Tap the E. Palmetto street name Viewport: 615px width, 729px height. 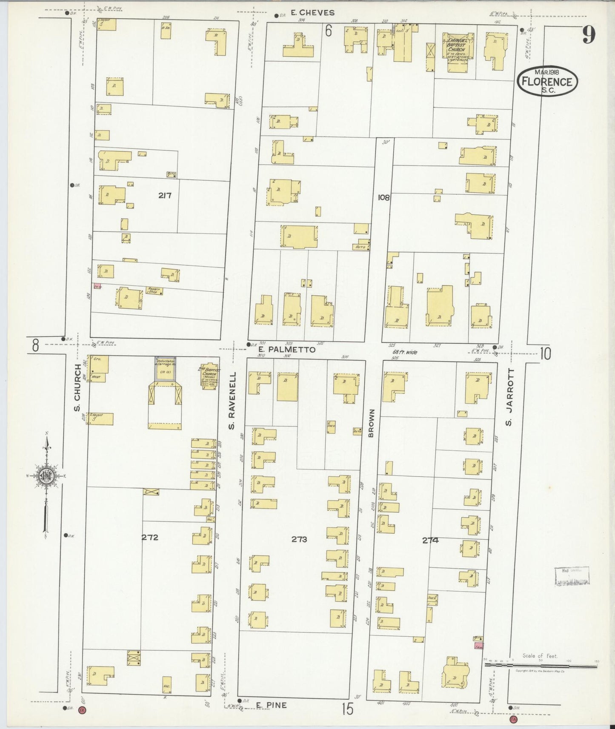(287, 349)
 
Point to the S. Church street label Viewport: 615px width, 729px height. (77, 388)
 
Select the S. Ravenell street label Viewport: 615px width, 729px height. (232, 400)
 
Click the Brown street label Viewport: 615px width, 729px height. (371, 423)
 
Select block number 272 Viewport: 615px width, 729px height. (150, 537)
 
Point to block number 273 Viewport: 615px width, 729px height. (299, 539)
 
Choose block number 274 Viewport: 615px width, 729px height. (430, 541)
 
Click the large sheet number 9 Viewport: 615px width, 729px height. (589, 35)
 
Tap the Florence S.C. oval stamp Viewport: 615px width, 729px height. (547, 81)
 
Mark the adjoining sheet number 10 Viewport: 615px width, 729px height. (546, 354)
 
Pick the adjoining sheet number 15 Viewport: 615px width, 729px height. (347, 709)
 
